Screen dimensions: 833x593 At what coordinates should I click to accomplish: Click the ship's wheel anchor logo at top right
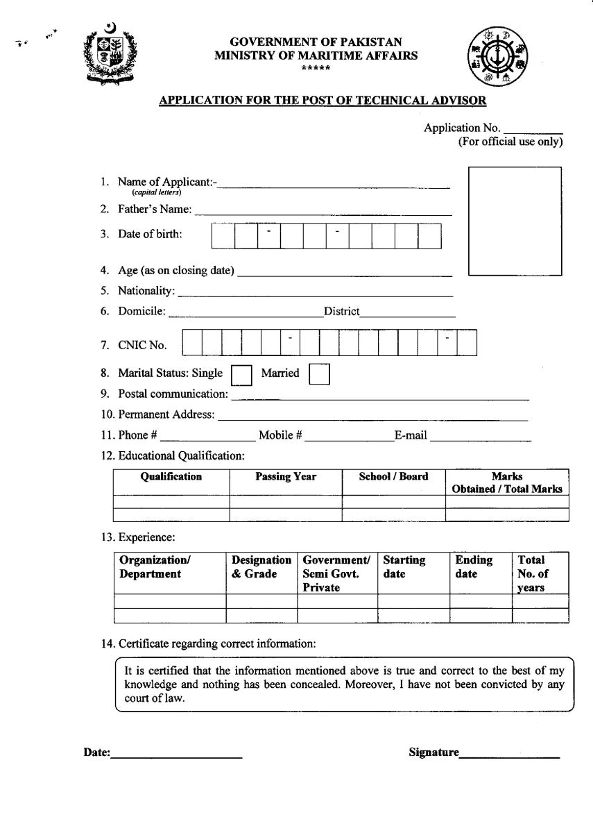click(x=497, y=58)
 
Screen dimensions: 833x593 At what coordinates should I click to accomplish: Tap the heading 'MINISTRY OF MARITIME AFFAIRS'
click(x=316, y=56)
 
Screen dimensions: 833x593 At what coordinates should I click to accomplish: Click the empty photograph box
click(x=515, y=221)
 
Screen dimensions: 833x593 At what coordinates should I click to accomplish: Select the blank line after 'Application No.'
click(x=532, y=129)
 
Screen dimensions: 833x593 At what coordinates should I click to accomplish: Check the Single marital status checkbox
click(x=241, y=375)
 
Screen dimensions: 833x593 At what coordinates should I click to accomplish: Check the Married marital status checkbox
click(x=319, y=375)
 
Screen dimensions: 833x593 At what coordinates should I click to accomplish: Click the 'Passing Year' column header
click(x=285, y=477)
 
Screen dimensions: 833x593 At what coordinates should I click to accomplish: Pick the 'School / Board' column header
click(x=393, y=477)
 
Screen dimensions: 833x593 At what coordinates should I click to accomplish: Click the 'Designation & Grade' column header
click(x=261, y=566)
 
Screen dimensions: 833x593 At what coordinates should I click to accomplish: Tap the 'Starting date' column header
click(x=404, y=566)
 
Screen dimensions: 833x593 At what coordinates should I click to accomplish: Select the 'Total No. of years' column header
click(x=532, y=573)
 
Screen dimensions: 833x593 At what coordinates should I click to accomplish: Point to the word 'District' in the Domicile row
click(x=341, y=312)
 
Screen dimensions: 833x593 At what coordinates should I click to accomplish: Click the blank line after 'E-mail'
click(x=480, y=438)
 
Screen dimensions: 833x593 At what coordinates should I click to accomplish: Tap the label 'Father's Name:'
click(x=155, y=209)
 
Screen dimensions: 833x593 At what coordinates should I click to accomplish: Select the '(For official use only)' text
click(x=510, y=142)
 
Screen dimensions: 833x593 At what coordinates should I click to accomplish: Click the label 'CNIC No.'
click(x=143, y=345)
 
